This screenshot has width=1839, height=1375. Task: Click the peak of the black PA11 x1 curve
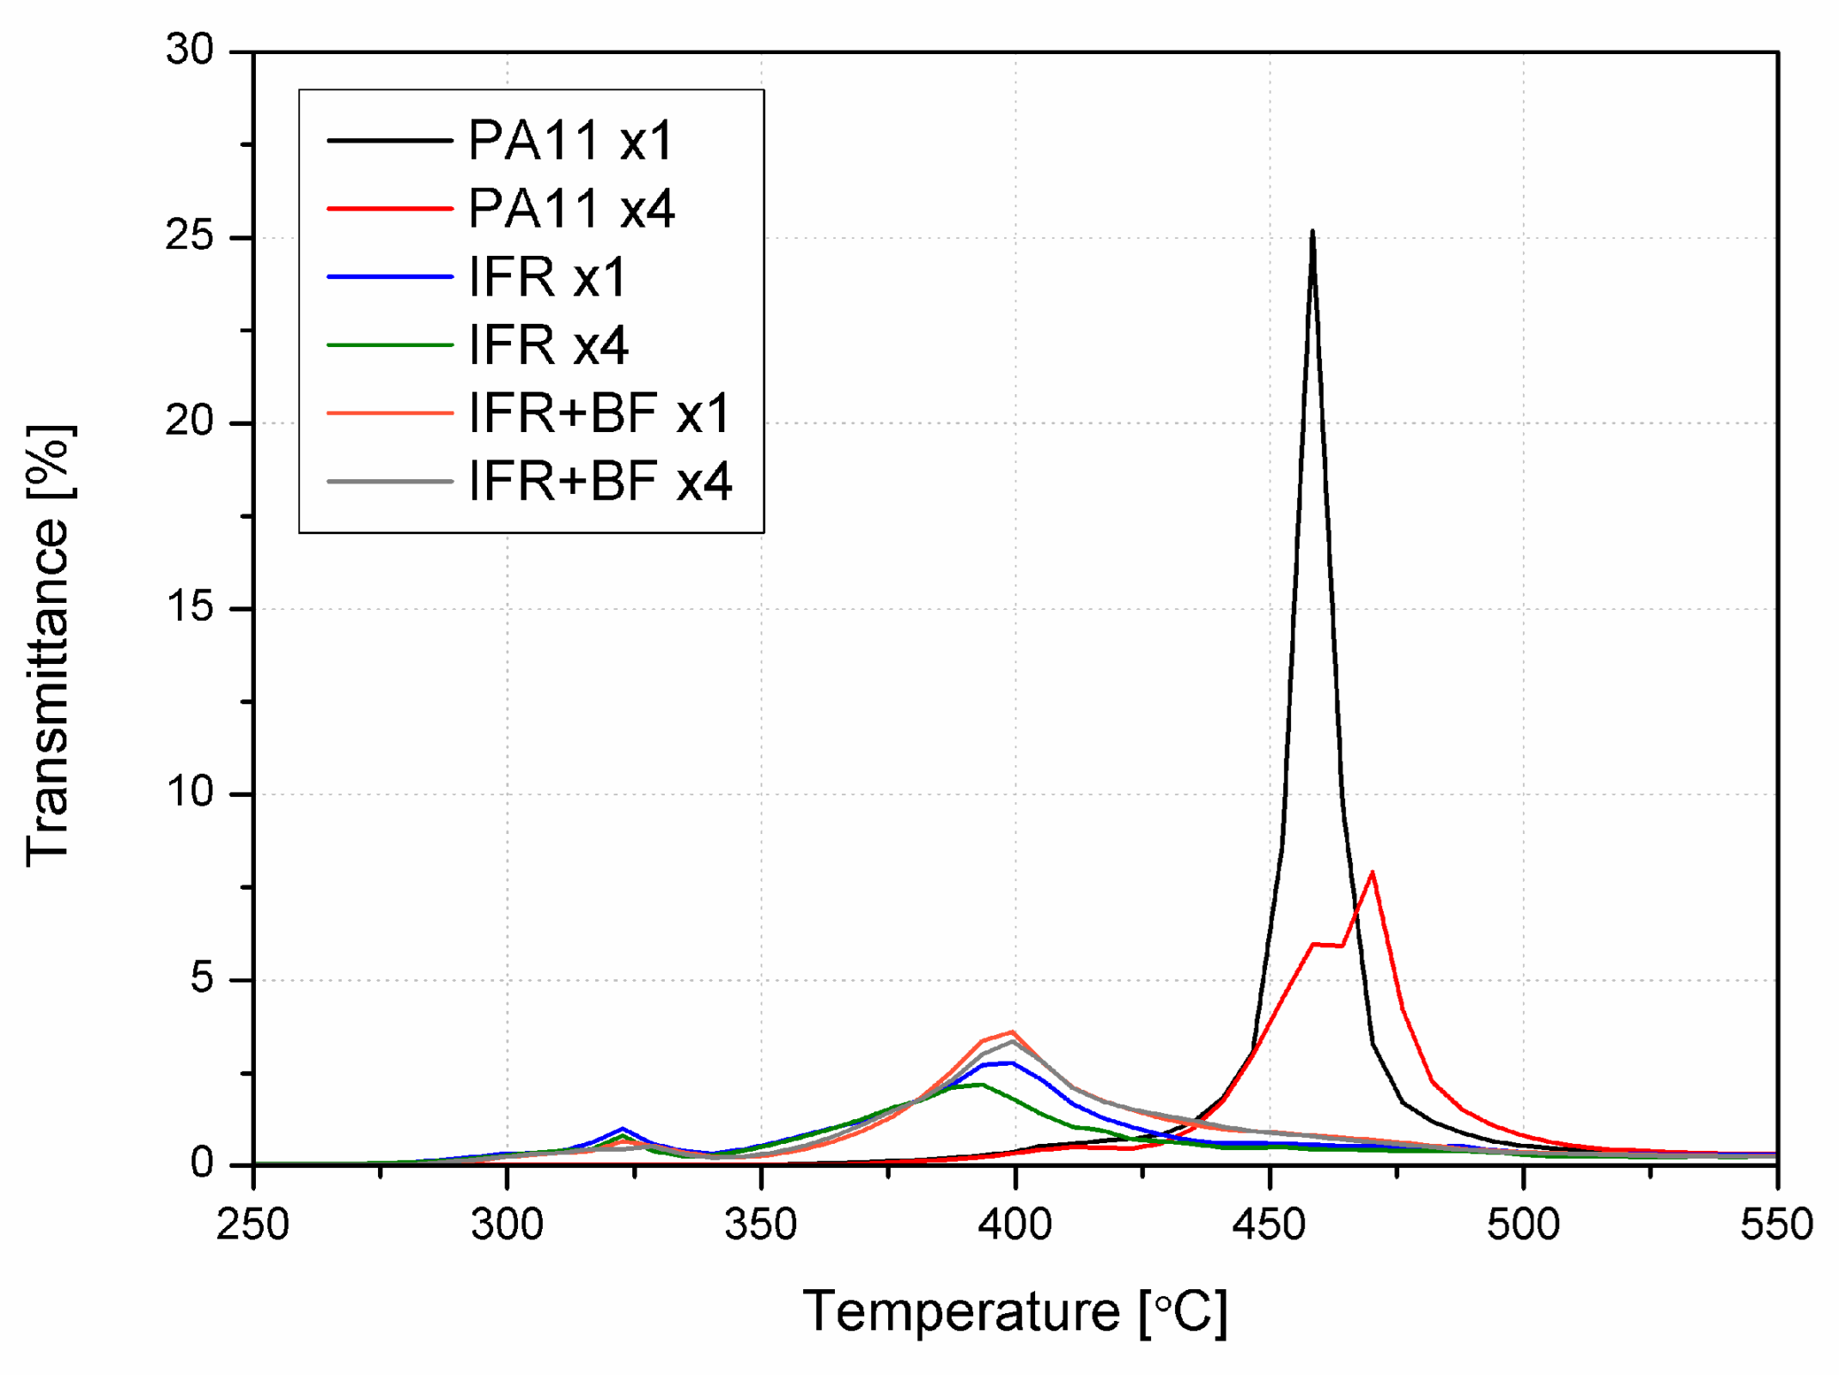click(x=1312, y=231)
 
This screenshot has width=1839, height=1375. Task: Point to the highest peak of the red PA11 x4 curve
click(x=1372, y=873)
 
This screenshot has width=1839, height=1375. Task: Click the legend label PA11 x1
click(x=571, y=140)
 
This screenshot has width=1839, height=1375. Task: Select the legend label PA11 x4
click(x=571, y=209)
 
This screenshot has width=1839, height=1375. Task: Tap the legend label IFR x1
click(x=548, y=277)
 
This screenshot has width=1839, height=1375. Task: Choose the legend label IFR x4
click(x=548, y=345)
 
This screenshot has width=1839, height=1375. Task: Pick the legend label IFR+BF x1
click(x=600, y=413)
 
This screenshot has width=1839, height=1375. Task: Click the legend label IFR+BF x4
click(x=600, y=481)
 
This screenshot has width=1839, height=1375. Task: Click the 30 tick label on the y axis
click(x=190, y=51)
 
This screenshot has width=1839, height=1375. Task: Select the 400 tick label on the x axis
click(x=1014, y=1224)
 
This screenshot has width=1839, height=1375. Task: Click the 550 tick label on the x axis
click(x=1776, y=1224)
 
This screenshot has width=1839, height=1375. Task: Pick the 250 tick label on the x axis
click(x=253, y=1224)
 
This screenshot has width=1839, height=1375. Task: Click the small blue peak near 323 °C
click(x=623, y=1129)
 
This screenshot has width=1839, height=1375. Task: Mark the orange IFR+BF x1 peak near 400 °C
click(x=1014, y=1031)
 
